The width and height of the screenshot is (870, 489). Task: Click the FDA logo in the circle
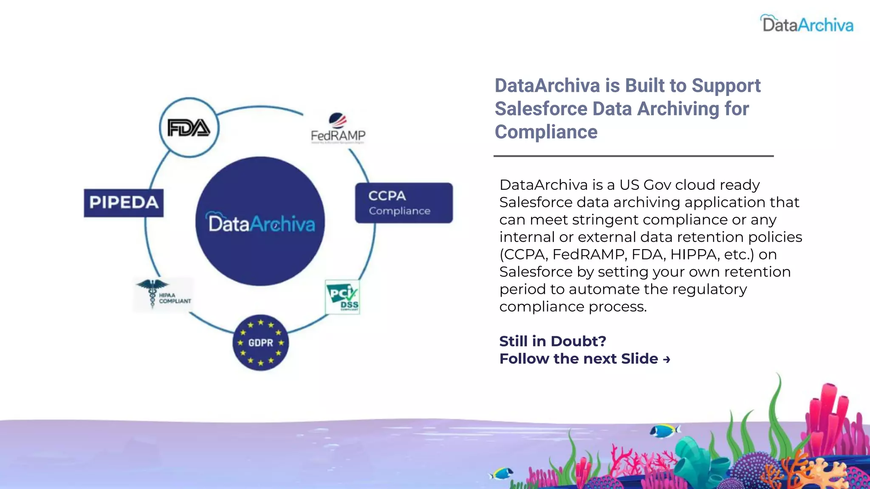coord(189,128)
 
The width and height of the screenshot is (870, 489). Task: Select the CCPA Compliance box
coord(404,203)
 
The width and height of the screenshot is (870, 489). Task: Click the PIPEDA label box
coord(124,203)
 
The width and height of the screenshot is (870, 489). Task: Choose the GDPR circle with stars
coord(260,343)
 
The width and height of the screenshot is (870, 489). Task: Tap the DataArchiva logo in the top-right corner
coord(807,24)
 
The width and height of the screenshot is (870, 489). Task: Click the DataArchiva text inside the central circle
coord(261,223)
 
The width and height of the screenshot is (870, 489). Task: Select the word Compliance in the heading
coord(546,132)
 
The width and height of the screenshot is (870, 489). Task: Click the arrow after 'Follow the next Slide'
coord(667,360)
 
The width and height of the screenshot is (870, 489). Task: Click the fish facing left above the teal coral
coord(665,431)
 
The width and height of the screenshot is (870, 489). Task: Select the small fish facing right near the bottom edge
coord(502,473)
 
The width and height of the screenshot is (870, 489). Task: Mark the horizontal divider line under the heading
coord(633,156)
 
